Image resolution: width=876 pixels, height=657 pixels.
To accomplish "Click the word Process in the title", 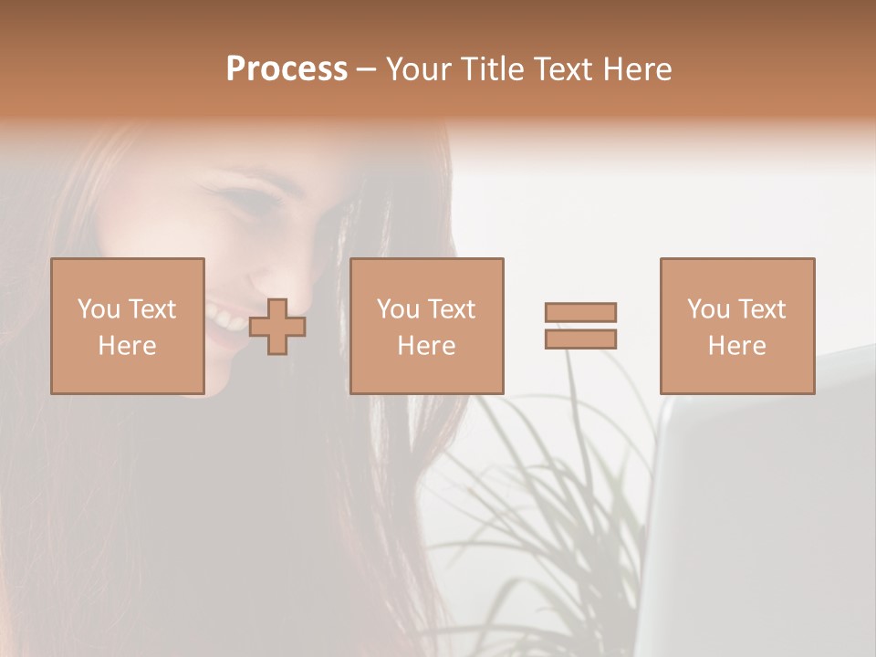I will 287,69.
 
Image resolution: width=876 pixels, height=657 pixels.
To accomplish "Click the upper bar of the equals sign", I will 580,312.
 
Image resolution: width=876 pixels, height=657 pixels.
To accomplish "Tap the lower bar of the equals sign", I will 580,339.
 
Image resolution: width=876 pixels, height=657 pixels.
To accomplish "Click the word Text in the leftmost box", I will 153,309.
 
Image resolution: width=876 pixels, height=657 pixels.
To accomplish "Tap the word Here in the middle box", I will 427,346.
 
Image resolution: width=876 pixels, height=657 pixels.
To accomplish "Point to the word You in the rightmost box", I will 708,309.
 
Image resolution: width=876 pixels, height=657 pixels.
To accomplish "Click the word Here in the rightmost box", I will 737,346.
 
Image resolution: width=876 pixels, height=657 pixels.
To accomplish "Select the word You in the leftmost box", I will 99,309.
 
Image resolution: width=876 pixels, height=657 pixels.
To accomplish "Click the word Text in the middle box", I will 453,309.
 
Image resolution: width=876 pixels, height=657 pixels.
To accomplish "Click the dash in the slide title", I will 366,70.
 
